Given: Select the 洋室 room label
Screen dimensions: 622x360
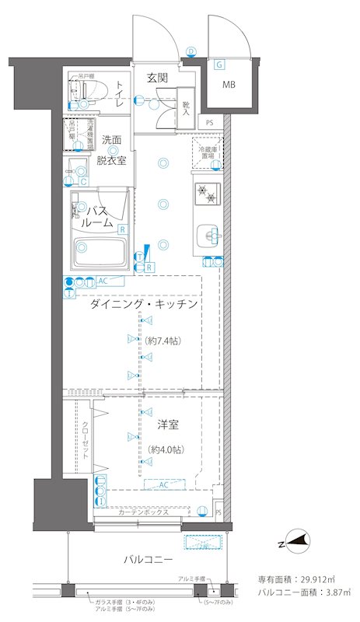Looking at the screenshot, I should click(167, 425).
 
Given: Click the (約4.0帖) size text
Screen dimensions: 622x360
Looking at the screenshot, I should click(166, 450).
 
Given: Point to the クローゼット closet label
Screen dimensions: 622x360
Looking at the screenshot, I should click(85, 439).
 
